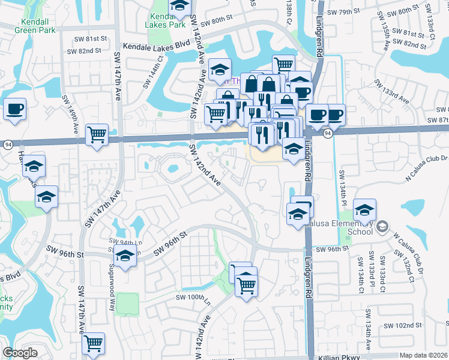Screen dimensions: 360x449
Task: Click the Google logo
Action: (x=20, y=353)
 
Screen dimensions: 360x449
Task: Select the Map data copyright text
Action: (x=423, y=355)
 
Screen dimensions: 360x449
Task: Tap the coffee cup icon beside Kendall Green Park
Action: (x=14, y=110)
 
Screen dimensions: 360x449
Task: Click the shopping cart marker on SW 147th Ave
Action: (x=97, y=134)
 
